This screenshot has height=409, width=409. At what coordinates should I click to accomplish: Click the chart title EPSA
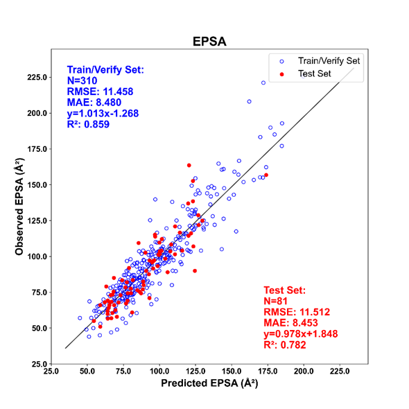[209, 42]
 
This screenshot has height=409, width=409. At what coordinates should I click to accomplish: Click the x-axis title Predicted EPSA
[209, 383]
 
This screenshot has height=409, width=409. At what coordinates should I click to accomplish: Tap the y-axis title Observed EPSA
[19, 207]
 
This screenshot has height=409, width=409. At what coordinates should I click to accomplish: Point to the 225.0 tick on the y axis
[37, 78]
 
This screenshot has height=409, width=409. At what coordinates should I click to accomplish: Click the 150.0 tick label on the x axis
[232, 371]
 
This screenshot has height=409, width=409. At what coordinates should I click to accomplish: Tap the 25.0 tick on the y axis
[40, 364]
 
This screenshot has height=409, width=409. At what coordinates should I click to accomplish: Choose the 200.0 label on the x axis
[304, 371]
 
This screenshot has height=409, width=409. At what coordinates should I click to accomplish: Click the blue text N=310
[82, 81]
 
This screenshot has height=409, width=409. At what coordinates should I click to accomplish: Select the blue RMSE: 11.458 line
[100, 92]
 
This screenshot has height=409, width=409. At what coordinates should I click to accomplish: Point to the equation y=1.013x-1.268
[103, 114]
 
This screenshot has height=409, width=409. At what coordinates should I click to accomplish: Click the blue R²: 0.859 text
[88, 124]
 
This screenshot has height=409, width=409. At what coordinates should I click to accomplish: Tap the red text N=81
[275, 302]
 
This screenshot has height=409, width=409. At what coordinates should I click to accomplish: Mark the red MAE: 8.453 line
[291, 323]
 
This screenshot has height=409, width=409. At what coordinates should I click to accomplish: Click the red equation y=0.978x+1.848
[301, 334]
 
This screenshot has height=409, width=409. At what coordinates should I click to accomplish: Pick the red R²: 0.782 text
[285, 345]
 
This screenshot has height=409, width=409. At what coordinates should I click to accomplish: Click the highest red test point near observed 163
[189, 166]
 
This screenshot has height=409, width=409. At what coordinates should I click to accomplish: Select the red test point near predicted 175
[266, 175]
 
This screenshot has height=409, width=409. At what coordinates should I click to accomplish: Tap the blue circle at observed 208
[249, 101]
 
